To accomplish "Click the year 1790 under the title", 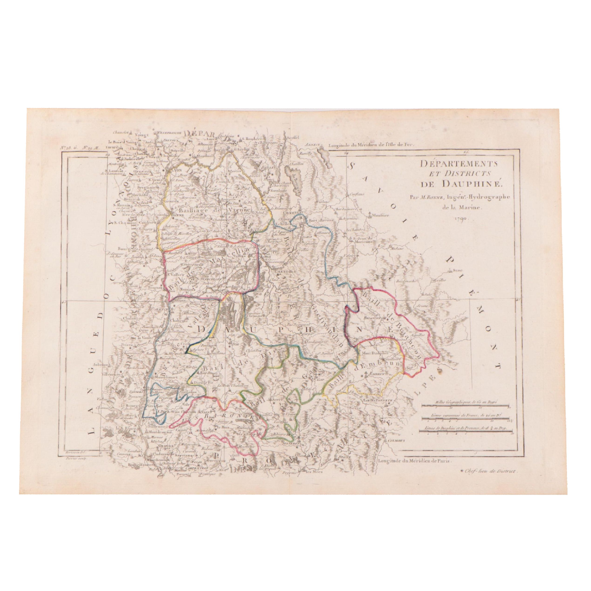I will click(x=459, y=219).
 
